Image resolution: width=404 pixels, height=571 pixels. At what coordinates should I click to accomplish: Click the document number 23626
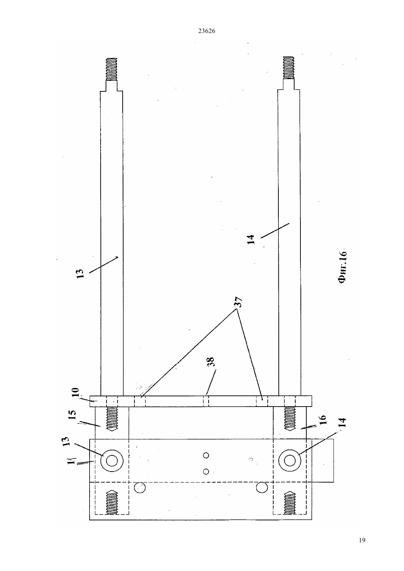[206, 31]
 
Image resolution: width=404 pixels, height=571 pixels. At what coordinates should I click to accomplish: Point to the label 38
[211, 362]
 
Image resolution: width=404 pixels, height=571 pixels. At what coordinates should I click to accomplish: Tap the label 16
[322, 419]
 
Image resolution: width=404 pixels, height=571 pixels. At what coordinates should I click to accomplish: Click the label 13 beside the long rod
[80, 273]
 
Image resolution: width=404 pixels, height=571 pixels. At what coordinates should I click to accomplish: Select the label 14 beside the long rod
[251, 239]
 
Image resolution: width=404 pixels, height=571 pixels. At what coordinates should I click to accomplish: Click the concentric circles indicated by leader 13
[112, 461]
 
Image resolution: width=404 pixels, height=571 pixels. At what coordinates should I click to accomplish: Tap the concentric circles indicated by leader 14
[290, 461]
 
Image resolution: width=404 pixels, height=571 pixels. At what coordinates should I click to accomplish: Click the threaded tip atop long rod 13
[111, 69]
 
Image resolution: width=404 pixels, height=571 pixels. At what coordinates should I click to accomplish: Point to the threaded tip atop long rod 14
[289, 68]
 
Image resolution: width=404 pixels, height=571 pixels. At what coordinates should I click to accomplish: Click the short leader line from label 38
[211, 382]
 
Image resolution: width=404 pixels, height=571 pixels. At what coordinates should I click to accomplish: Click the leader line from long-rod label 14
[275, 231]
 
